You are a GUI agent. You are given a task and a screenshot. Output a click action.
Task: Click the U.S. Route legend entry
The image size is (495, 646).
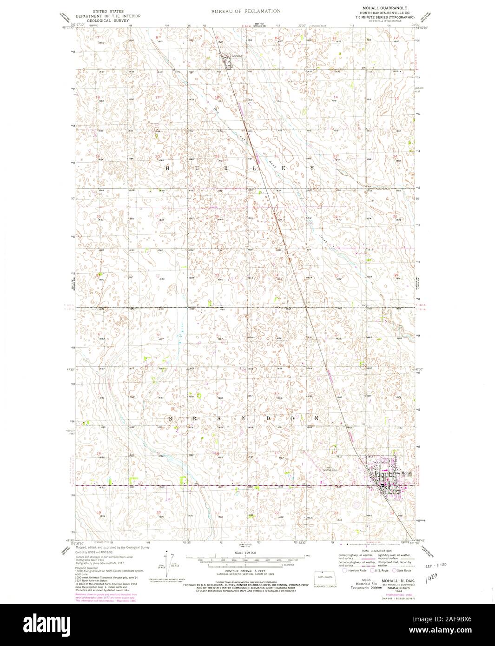[x=380, y=570]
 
